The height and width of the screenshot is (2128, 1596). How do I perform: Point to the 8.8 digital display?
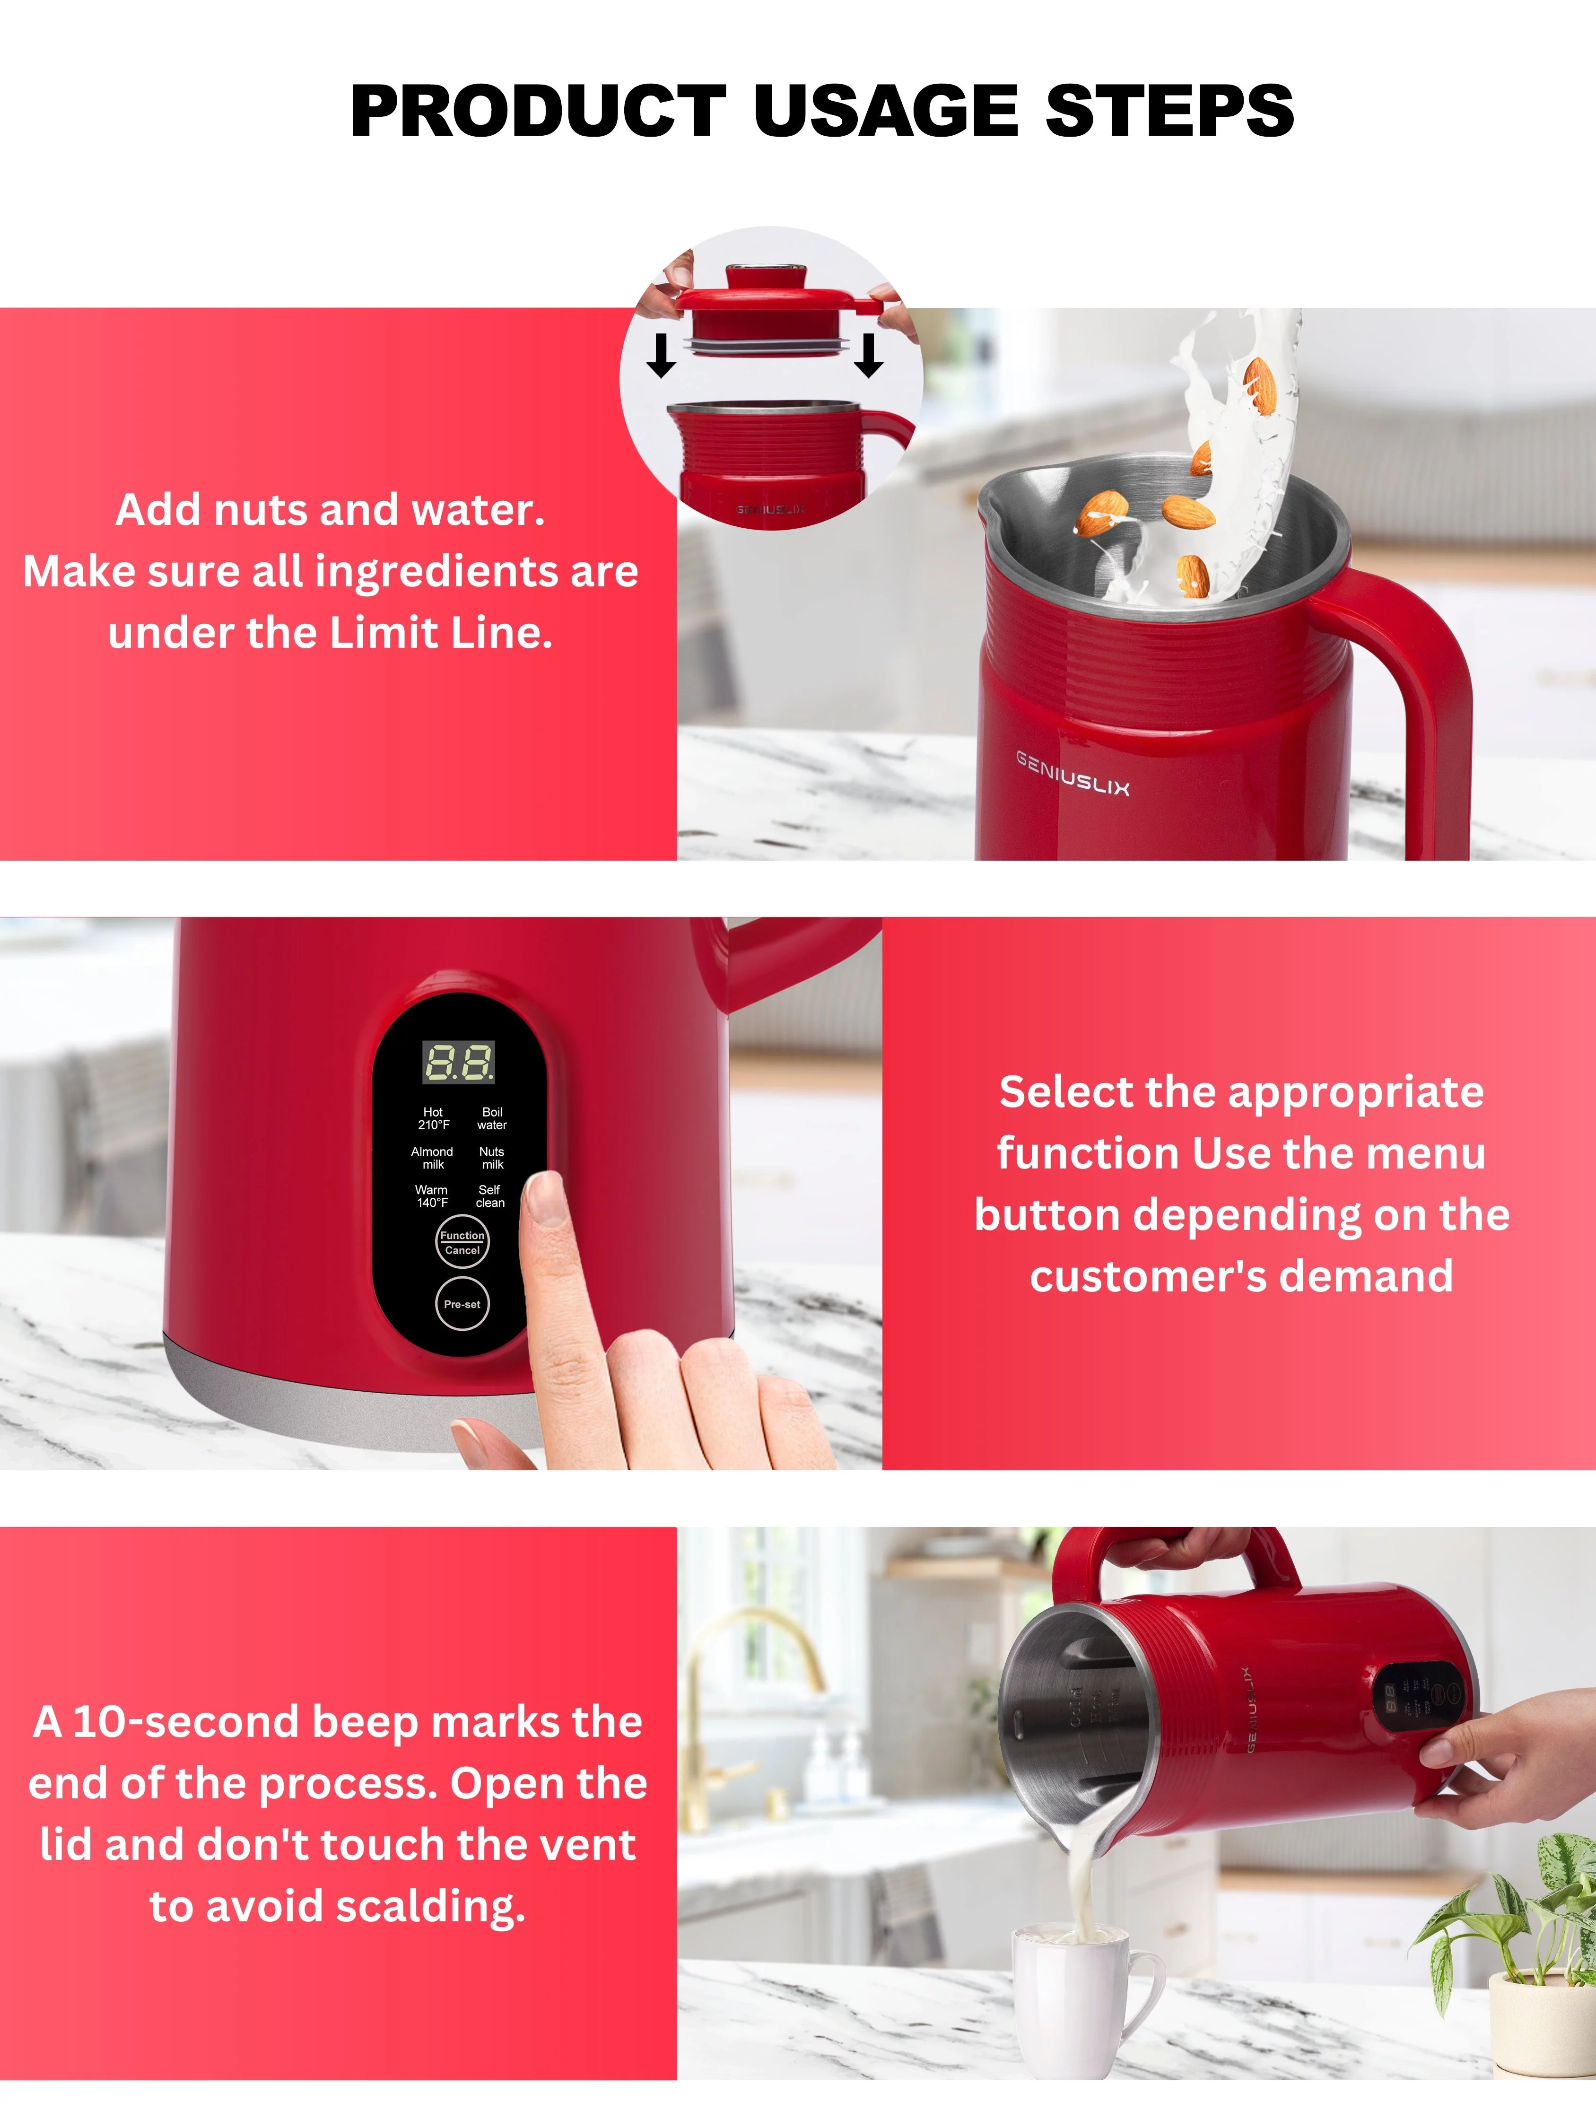click(x=459, y=1062)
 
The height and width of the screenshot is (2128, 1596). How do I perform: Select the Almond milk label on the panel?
click(x=432, y=1157)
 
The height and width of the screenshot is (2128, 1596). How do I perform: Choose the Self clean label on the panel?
click(x=489, y=1196)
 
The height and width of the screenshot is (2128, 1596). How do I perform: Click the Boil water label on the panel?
click(x=492, y=1118)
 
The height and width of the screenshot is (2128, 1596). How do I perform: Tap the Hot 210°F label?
click(x=433, y=1118)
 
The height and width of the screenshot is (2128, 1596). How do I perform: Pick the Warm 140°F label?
click(x=432, y=1196)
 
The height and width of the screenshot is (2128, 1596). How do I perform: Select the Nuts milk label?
click(x=492, y=1157)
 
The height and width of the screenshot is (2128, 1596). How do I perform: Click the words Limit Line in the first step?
click(x=441, y=633)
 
